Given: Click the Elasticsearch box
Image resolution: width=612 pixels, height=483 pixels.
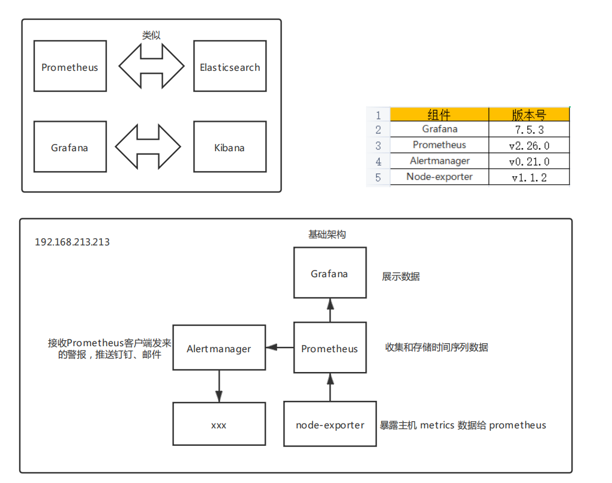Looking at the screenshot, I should (230, 67).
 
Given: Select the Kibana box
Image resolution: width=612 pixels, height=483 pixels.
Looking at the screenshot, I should (230, 148).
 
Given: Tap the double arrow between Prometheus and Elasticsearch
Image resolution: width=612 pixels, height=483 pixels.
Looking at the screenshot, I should (151, 67).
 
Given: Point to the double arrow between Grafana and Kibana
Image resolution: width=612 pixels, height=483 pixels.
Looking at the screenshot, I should (148, 147).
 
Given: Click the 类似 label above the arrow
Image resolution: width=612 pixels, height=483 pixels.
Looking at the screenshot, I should (151, 35).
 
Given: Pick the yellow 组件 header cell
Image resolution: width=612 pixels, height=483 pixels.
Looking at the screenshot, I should (439, 115).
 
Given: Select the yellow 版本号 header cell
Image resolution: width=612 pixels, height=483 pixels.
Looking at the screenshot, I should (529, 115).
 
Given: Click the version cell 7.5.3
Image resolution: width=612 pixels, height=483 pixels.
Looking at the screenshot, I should (529, 130).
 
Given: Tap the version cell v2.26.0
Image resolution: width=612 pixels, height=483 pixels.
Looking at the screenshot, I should (529, 145).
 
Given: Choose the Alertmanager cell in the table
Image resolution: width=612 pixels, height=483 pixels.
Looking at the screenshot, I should (439, 161).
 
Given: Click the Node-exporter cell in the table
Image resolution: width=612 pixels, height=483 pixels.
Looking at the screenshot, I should (439, 177).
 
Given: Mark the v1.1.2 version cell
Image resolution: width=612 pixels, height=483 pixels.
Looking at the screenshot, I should (529, 178).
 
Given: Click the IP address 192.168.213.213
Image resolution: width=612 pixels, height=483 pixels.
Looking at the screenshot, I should (73, 242).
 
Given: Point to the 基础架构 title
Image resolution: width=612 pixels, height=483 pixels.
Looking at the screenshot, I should (327, 235).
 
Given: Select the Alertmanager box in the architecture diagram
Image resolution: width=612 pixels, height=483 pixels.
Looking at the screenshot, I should (219, 348).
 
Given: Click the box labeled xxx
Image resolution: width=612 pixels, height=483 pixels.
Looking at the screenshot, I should (219, 424).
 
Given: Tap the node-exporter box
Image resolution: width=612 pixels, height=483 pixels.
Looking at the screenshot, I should (330, 424).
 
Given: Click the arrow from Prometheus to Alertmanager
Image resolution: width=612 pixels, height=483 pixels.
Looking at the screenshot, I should (280, 347).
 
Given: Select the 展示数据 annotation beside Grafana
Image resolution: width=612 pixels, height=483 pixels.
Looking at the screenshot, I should (401, 277).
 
